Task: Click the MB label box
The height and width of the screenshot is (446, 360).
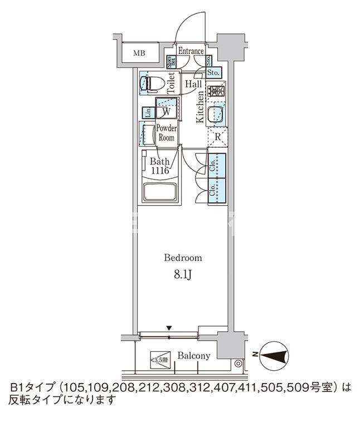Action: (x=139, y=54)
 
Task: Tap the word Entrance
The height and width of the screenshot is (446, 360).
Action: (x=191, y=51)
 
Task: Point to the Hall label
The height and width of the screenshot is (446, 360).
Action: (x=193, y=84)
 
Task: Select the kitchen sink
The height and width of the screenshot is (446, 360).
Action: (x=215, y=115)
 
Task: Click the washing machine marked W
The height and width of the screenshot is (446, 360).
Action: (x=166, y=111)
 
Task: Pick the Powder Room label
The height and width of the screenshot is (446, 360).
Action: (x=166, y=133)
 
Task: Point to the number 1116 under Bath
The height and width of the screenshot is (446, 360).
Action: (x=159, y=171)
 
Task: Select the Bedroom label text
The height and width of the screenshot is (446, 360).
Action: (x=182, y=258)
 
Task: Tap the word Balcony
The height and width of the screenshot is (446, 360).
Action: (x=193, y=356)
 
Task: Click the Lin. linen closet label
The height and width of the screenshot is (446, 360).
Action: (x=148, y=112)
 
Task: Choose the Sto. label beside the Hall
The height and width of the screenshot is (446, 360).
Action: (x=213, y=72)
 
